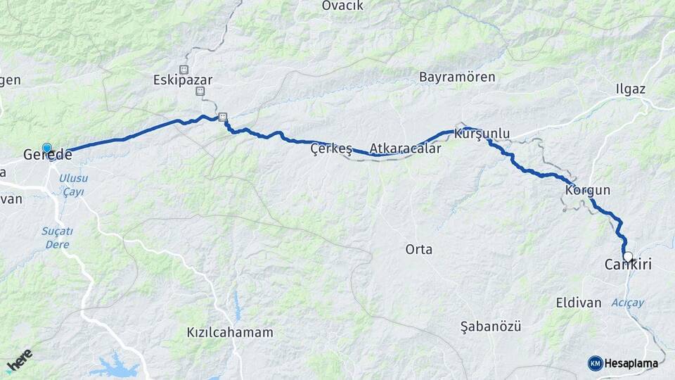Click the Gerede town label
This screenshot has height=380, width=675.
(48, 155)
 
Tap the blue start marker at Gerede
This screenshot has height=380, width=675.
(47, 148)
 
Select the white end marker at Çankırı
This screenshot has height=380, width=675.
(628, 257)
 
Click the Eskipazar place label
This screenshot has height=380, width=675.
(183, 80)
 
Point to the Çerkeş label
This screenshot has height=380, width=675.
(331, 149)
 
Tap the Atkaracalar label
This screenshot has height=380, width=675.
(406, 149)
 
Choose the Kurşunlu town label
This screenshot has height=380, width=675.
(482, 133)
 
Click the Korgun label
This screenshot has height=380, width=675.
(587, 190)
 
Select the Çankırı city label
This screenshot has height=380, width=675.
(628, 265)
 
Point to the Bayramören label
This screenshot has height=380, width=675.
(457, 77)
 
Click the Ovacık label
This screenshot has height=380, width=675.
(342, 6)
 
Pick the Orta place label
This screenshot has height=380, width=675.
(419, 249)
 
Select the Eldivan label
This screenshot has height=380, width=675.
(579, 303)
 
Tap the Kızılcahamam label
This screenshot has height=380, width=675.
(230, 332)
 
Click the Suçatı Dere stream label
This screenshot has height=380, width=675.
(58, 236)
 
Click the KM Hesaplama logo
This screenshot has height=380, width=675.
(623, 363)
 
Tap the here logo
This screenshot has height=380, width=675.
(19, 361)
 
